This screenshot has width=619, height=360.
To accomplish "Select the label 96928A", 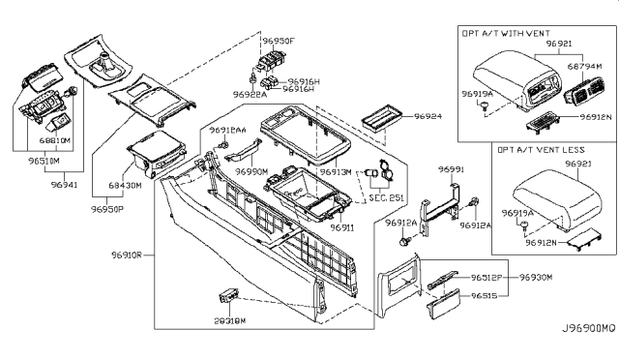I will click(x=250, y=94).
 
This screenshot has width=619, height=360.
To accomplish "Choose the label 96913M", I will click(x=335, y=171).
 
